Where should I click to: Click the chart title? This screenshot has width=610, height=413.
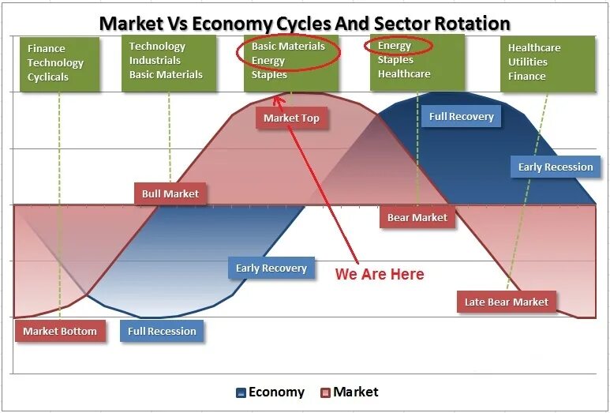[x=305, y=23]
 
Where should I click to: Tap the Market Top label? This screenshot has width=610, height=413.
[x=291, y=118]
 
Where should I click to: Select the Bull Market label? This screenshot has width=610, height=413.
[x=170, y=193]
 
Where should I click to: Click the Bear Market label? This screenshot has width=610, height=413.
[x=417, y=217]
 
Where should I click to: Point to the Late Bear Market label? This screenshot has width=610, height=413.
[x=507, y=302]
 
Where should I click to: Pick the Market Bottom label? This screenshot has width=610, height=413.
[x=60, y=331]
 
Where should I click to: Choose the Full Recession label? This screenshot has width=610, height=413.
[x=162, y=331]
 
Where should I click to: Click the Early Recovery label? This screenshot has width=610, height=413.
[x=271, y=268]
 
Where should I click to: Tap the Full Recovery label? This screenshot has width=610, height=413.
[x=462, y=117]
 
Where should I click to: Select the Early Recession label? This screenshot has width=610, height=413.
[x=556, y=167]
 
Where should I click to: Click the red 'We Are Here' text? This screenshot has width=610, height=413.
[x=380, y=274]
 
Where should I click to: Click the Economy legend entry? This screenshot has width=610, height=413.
[x=270, y=392]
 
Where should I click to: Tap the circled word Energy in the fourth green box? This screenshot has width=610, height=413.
[x=395, y=46]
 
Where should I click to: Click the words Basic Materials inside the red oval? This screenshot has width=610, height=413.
[x=288, y=47]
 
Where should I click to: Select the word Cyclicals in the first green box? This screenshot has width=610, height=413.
[x=48, y=77]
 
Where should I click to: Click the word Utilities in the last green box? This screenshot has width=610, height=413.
[x=528, y=62]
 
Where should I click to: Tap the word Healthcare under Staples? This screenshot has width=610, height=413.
[x=404, y=74]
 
